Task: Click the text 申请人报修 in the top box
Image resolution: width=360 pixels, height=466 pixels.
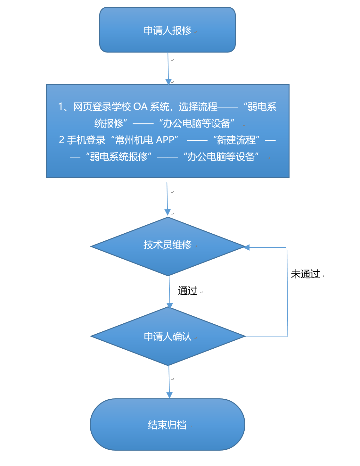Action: (x=167, y=30)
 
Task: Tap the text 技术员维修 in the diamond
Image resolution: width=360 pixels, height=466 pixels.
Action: (x=167, y=245)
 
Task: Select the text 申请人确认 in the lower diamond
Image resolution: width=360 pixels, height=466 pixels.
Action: (x=168, y=337)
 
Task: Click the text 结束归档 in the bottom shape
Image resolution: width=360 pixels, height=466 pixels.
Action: (x=167, y=425)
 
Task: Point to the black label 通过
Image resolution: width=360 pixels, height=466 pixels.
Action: (x=188, y=291)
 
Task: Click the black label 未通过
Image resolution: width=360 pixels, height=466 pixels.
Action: (x=305, y=274)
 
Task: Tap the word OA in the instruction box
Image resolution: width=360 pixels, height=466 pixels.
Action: (x=140, y=107)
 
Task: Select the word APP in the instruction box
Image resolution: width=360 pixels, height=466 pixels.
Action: (x=165, y=140)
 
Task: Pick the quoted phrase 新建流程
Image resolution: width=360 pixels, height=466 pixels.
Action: (x=236, y=140)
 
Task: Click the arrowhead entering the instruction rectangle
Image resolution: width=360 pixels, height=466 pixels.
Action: (x=168, y=82)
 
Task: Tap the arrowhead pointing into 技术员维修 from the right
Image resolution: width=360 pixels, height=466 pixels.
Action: (x=246, y=247)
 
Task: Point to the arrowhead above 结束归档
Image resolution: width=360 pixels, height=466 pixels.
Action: (x=169, y=395)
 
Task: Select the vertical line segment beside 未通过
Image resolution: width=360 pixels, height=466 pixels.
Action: (x=287, y=292)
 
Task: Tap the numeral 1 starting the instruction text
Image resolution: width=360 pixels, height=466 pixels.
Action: (x=61, y=107)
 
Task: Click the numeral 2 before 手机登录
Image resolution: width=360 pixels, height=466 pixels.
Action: (x=62, y=140)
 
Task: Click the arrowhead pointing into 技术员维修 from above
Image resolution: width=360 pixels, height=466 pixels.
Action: (x=168, y=212)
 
